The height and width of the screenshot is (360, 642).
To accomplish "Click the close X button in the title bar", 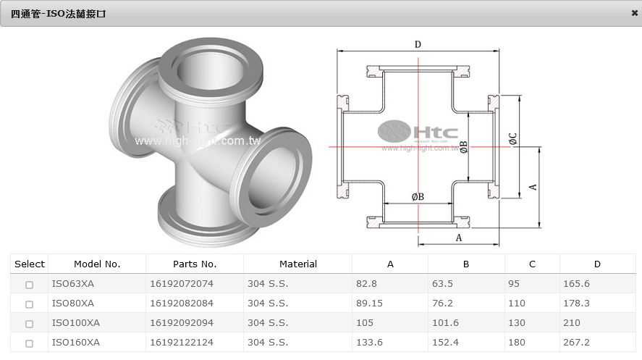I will (634, 13).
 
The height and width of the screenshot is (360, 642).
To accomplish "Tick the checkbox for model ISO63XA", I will (30, 285).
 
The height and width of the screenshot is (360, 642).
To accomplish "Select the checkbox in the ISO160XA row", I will (30, 343).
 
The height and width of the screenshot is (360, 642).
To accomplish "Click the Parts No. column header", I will (194, 264).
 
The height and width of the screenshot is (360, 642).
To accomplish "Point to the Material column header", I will (297, 264).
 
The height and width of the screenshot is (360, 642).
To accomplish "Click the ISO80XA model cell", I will (73, 304).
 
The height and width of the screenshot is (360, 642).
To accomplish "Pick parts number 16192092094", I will (182, 323).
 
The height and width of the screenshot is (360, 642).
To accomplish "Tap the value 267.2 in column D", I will (576, 343).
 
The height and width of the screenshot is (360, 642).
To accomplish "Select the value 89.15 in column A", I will (369, 304).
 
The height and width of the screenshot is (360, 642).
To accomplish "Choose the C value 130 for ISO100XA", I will (518, 323).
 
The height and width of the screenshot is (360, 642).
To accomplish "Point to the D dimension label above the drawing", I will (418, 45).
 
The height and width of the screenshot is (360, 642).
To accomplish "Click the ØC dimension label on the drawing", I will (512, 138).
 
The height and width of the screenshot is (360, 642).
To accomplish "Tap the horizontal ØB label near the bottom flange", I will (418, 196).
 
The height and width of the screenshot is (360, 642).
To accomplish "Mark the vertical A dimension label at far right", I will (533, 186).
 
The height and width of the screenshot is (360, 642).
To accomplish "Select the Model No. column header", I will (97, 264).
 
